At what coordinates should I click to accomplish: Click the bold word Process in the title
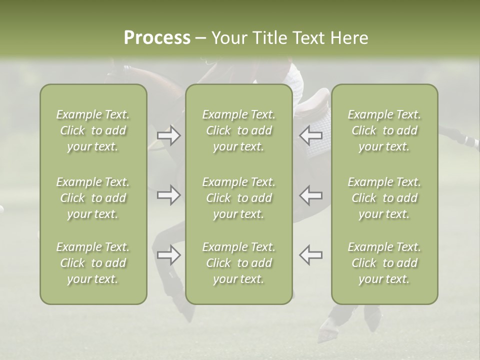(x=157, y=38)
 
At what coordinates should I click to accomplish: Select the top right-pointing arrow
(x=169, y=135)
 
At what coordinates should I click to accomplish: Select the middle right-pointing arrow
(x=169, y=195)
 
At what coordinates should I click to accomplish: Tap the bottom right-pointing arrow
(x=169, y=255)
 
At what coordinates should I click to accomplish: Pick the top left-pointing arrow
(x=311, y=135)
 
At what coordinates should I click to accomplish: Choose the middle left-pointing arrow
(x=311, y=195)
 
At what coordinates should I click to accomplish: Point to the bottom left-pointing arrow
(x=311, y=255)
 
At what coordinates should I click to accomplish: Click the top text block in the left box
(x=93, y=130)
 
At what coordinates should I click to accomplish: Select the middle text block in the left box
(x=93, y=198)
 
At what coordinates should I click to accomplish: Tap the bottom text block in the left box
(x=93, y=263)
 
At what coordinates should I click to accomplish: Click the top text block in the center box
(x=239, y=130)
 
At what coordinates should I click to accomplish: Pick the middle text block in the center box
(x=239, y=198)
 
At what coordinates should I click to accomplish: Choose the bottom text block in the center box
(x=239, y=263)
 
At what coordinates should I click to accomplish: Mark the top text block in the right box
(x=384, y=130)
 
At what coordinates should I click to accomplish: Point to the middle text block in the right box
(x=384, y=198)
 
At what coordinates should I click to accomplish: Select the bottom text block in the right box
(x=384, y=263)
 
